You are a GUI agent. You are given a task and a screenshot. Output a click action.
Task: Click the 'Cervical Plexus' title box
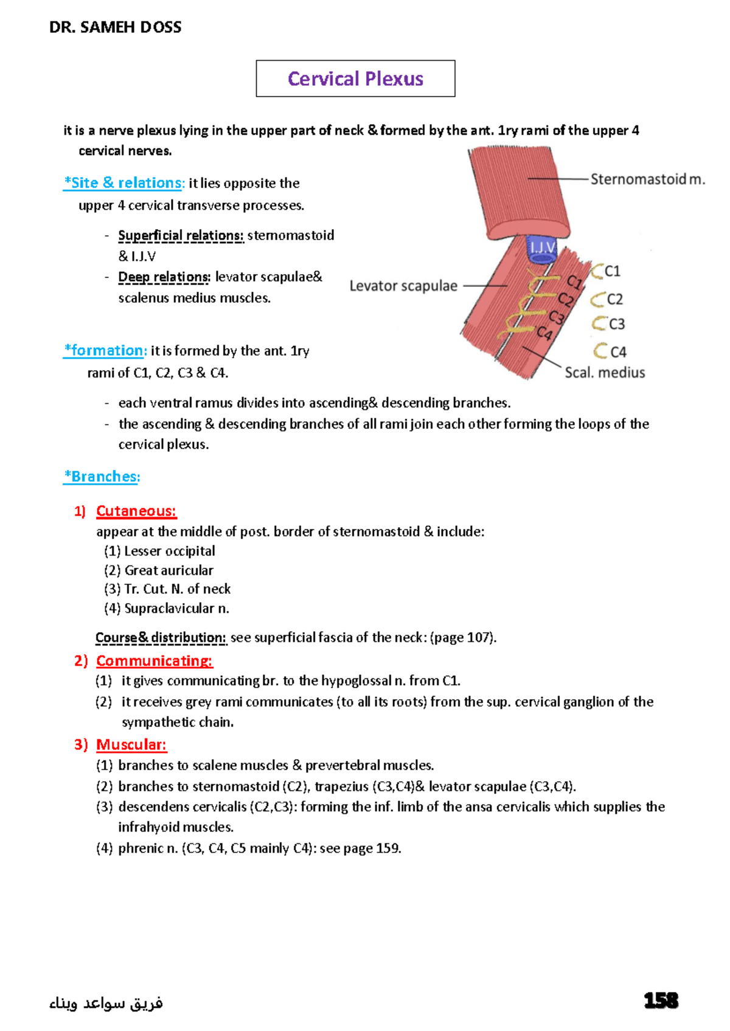click(355, 78)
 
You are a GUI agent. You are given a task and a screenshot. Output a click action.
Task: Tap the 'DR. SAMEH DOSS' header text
click(115, 27)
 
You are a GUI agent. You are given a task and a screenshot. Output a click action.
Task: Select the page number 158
click(661, 1001)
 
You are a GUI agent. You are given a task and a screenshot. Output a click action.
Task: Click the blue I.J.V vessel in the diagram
click(541, 247)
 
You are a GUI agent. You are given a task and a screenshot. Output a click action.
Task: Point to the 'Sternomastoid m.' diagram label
click(647, 179)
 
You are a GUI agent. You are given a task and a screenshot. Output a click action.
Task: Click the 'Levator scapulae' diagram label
click(403, 286)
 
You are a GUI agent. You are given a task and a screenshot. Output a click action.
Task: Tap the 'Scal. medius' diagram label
click(605, 373)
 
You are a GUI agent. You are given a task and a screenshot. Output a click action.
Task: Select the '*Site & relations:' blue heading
click(123, 183)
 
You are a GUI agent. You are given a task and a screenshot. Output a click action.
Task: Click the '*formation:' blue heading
click(105, 351)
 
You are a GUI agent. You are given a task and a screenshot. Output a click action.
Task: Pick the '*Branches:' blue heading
click(102, 477)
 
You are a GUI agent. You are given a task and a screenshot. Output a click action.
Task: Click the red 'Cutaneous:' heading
click(136, 511)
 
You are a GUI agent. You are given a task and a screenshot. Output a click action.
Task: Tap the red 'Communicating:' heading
click(155, 661)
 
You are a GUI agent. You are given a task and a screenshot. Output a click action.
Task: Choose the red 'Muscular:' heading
click(131, 745)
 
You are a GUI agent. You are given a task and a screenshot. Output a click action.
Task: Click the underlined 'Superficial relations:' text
click(181, 235)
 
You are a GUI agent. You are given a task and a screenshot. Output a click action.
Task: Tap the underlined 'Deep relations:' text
click(164, 277)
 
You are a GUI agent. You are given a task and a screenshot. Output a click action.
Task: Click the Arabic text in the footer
click(106, 1003)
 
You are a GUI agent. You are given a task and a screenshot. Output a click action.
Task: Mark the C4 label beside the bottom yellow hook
click(618, 352)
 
